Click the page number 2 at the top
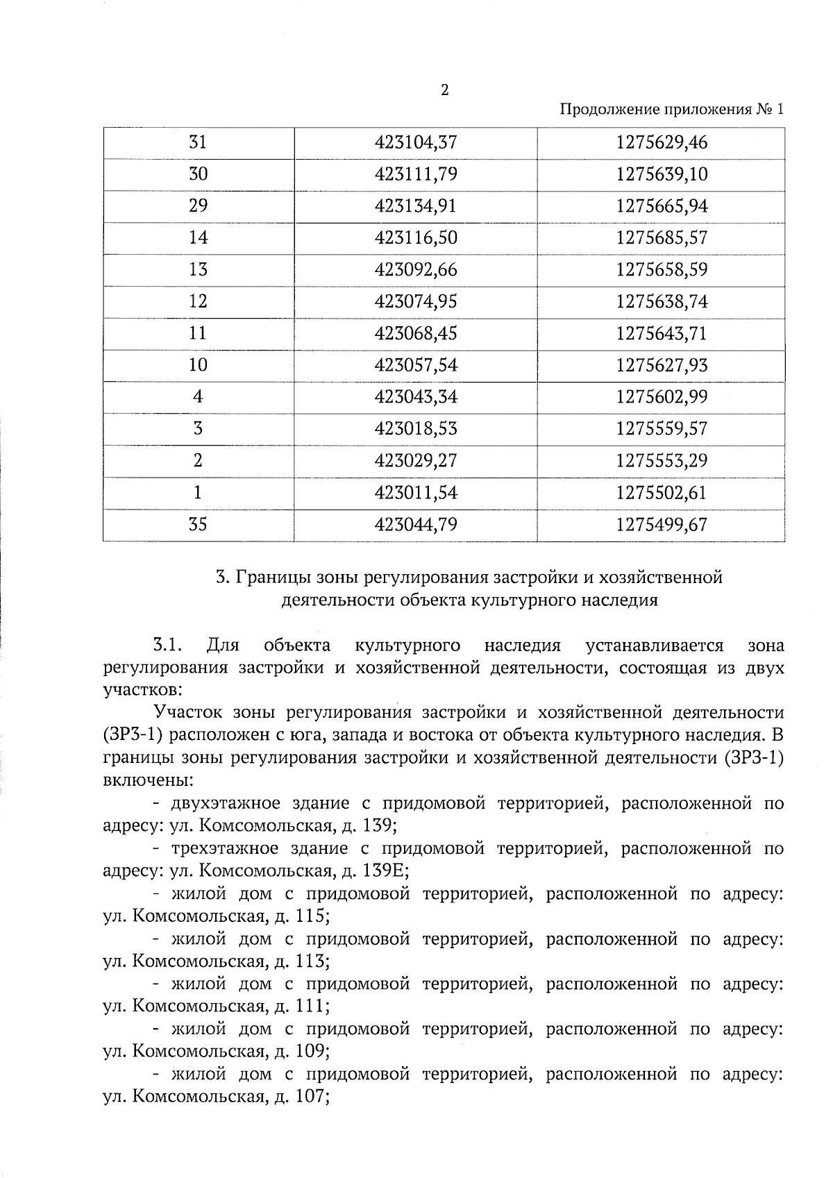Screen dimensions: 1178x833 [x=444, y=91]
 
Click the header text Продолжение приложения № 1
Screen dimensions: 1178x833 [x=671, y=110]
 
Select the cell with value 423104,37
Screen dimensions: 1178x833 [x=416, y=142]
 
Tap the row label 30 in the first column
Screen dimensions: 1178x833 [x=199, y=174]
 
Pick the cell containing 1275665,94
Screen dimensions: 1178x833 [x=662, y=206]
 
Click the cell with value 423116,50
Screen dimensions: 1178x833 [x=416, y=238]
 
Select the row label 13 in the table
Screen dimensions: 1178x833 [x=199, y=269]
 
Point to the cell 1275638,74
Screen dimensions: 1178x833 [x=662, y=301]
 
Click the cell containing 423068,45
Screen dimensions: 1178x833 [x=416, y=333]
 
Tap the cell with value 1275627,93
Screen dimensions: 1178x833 [x=662, y=365]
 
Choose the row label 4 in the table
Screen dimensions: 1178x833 [x=199, y=397]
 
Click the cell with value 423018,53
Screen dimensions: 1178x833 [x=416, y=428]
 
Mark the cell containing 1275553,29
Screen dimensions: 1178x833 [x=662, y=460]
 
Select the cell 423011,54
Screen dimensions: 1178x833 [x=416, y=492]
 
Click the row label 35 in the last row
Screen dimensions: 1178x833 [x=199, y=524]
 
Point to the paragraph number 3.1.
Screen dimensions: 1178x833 [x=167, y=646]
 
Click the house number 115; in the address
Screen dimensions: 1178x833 [x=312, y=916]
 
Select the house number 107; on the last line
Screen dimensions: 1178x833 [x=312, y=1097]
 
